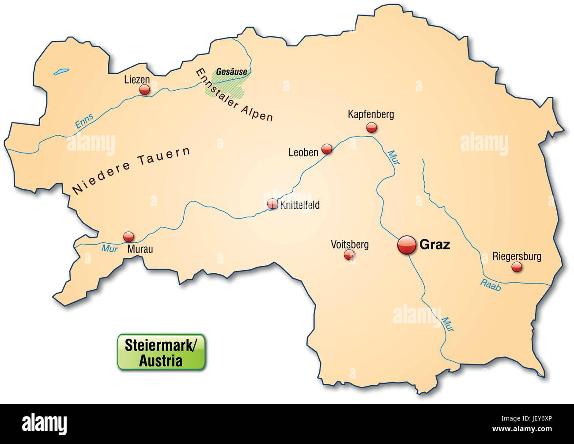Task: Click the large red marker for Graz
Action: point(407,245)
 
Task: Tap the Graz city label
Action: point(434,245)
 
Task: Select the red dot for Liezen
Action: point(144,90)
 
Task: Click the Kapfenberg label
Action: point(370,115)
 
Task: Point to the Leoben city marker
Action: point(327,149)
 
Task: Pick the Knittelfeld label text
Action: point(299,205)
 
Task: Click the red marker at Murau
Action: point(128,236)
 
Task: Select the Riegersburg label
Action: point(517,256)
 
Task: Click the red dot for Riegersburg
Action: point(516,267)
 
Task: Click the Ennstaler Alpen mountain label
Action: point(234,95)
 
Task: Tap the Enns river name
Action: point(84,122)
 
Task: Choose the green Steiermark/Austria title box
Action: point(160,352)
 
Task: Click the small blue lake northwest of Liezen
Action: point(62,70)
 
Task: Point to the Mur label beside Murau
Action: point(108,249)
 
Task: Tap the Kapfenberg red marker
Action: point(371,128)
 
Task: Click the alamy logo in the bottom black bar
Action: point(43,424)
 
